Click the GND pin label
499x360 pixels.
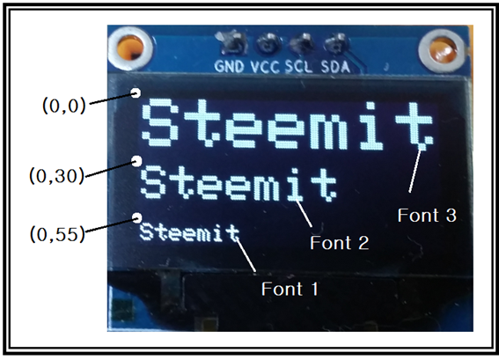[229, 66]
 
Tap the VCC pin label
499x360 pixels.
[265, 67]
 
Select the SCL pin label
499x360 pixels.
[298, 67]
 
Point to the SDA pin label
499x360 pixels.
[335, 67]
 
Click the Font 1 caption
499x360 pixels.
[290, 289]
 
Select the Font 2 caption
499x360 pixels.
[339, 243]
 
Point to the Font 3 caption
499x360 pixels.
[427, 215]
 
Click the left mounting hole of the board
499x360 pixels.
[131, 48]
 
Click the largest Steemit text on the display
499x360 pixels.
[288, 124]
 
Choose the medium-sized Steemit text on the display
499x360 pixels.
[238, 185]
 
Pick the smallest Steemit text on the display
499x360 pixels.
[190, 232]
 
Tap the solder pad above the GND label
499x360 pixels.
[233, 44]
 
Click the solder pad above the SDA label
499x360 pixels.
[336, 45]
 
